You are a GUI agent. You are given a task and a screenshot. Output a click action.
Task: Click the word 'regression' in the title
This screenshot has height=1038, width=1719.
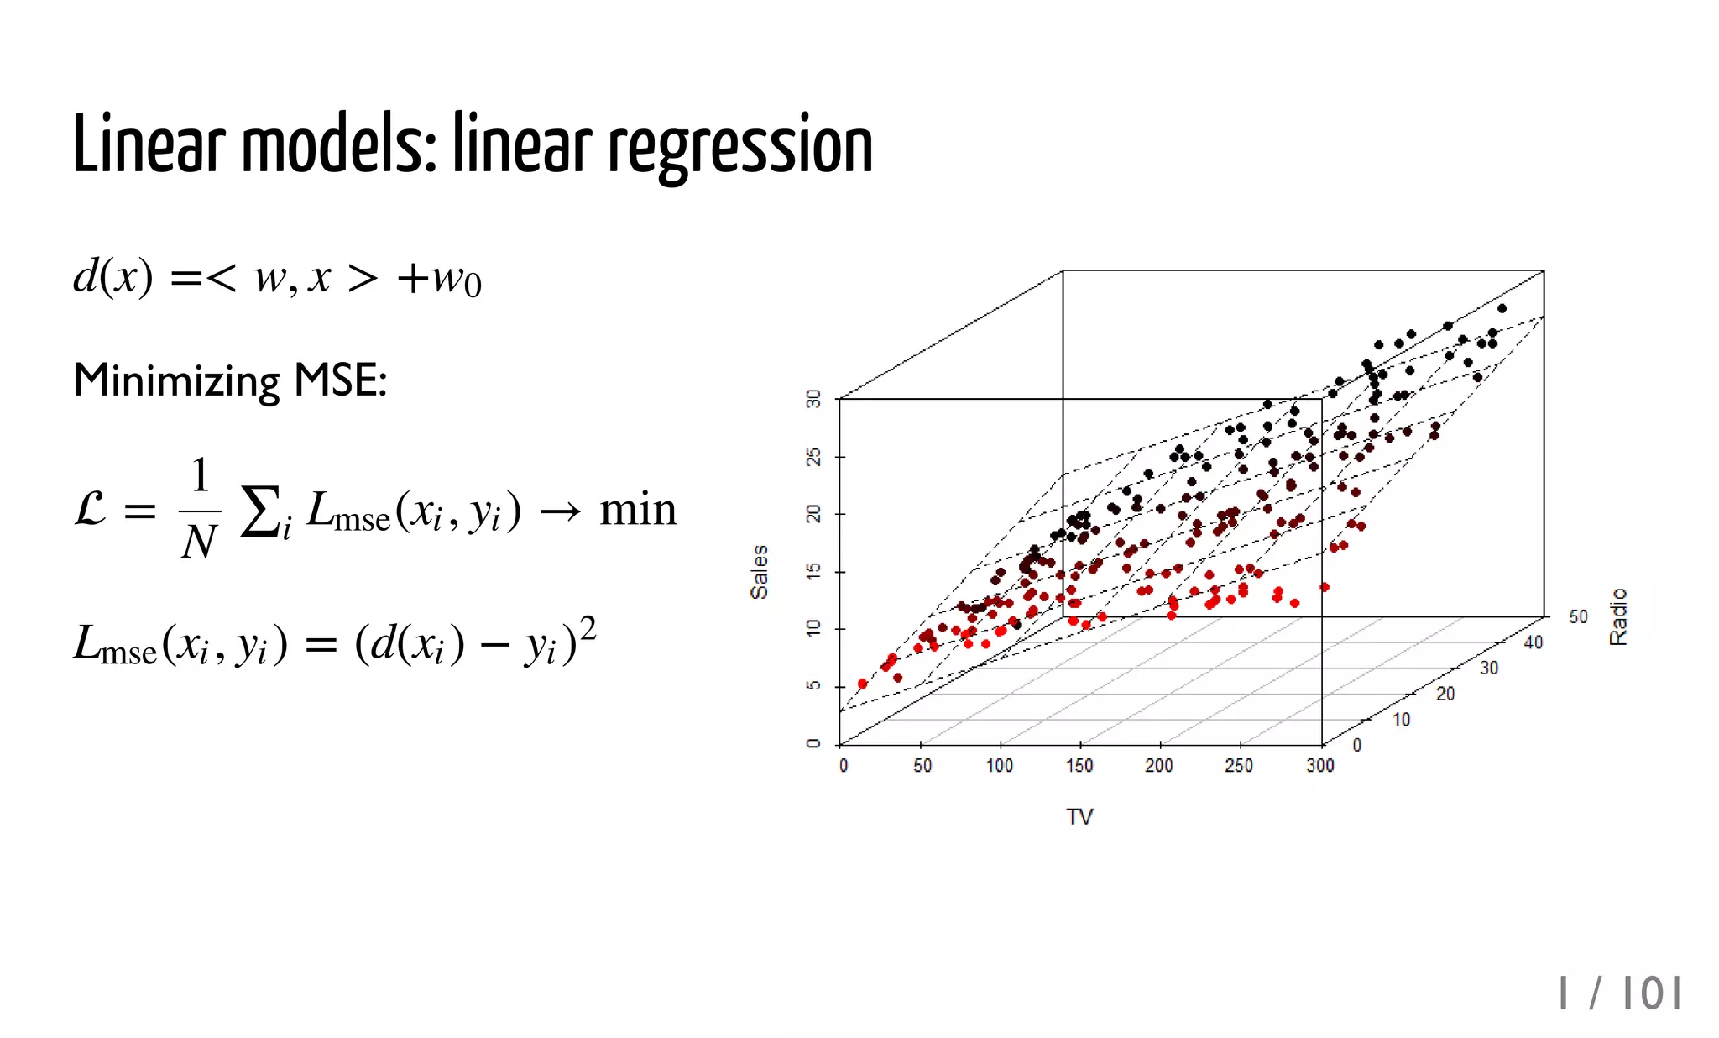pyautogui.click(x=739, y=147)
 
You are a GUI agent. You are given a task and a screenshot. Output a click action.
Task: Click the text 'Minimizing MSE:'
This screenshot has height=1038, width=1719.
pyautogui.click(x=230, y=380)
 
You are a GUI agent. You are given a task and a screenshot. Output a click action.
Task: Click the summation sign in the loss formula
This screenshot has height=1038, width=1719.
pyautogui.click(x=259, y=511)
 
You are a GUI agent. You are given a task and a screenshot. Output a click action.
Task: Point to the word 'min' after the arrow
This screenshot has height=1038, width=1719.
pyautogui.click(x=638, y=510)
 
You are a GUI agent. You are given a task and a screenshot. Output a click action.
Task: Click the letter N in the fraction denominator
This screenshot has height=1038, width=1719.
pyautogui.click(x=199, y=543)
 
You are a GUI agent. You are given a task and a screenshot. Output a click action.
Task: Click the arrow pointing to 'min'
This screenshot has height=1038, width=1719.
pyautogui.click(x=560, y=511)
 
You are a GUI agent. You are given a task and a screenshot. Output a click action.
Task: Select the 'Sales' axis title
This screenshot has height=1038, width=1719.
pyautogui.click(x=759, y=571)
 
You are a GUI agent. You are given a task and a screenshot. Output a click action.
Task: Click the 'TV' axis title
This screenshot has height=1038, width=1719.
pyautogui.click(x=1079, y=816)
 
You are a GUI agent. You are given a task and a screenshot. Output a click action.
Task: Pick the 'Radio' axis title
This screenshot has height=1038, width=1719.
pyautogui.click(x=1618, y=617)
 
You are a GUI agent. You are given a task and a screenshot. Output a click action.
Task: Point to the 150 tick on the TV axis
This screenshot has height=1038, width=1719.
pyautogui.click(x=1079, y=765)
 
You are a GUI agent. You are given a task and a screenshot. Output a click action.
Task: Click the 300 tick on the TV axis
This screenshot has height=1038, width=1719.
pyautogui.click(x=1319, y=765)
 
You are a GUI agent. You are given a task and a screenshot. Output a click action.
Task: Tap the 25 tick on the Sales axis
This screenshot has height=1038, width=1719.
pyautogui.click(x=813, y=456)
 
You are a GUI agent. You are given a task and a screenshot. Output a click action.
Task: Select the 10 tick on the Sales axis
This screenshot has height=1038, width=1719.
pyautogui.click(x=813, y=628)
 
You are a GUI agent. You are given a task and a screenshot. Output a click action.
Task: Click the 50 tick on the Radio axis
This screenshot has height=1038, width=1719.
pyautogui.click(x=1578, y=617)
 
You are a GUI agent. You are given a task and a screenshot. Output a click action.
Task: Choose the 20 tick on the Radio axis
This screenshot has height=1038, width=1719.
pyautogui.click(x=1445, y=694)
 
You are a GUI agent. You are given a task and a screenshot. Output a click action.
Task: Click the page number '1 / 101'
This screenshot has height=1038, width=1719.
pyautogui.click(x=1620, y=994)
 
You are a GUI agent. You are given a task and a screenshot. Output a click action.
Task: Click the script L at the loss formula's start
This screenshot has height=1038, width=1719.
pyautogui.click(x=91, y=510)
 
